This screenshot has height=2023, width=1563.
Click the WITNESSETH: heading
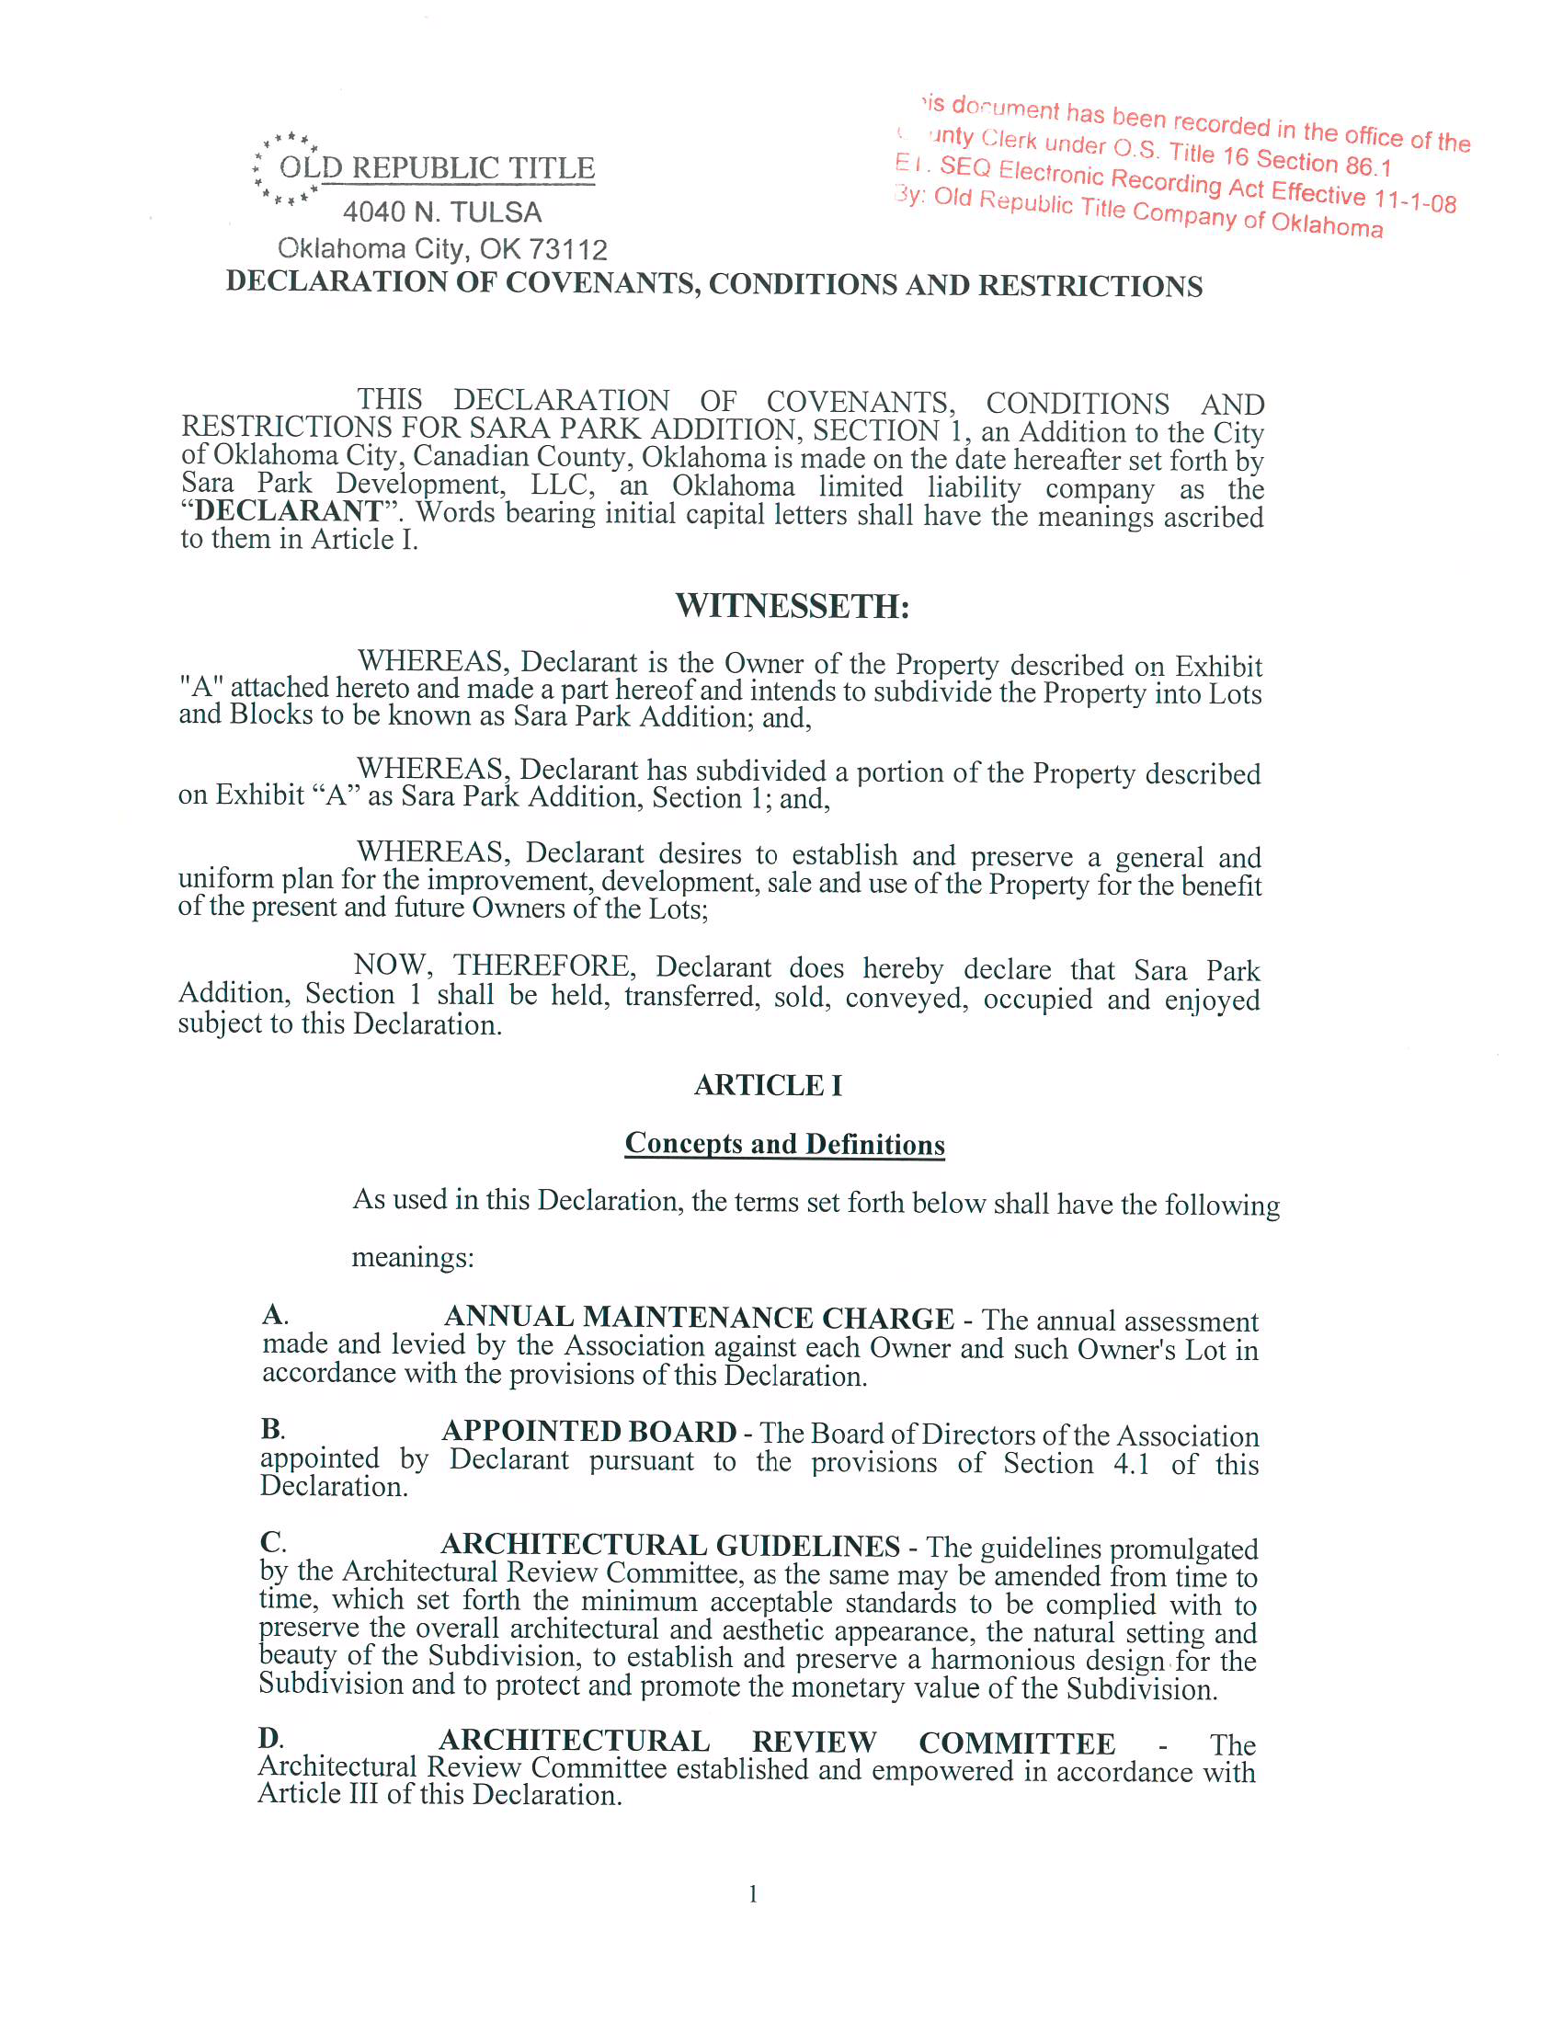click(x=792, y=606)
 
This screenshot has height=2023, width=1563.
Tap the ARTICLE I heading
click(x=768, y=1085)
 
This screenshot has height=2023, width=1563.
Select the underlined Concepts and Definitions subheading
click(x=784, y=1144)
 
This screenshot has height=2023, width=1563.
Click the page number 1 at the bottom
click(x=753, y=1893)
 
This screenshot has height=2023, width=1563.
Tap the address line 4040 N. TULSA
click(x=441, y=212)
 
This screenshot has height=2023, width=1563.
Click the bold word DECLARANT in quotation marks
click(x=287, y=511)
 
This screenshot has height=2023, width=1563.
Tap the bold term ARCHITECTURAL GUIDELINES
click(x=669, y=1545)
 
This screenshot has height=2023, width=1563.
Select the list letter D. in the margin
click(x=270, y=1738)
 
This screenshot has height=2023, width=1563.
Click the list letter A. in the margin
click(x=275, y=1314)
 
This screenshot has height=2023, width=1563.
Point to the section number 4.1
click(x=1131, y=1464)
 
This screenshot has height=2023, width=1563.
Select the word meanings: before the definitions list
click(x=412, y=1257)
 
